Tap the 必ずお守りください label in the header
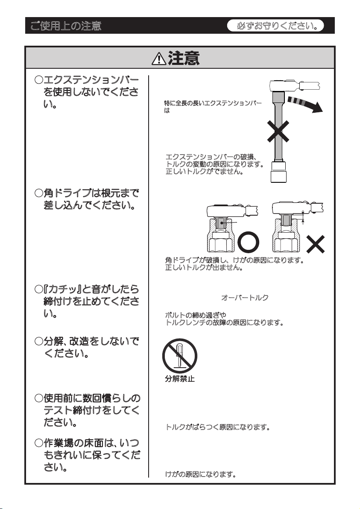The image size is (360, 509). click(x=280, y=26)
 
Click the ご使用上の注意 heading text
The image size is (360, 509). click(x=65, y=26)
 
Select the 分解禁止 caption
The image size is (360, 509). click(x=180, y=379)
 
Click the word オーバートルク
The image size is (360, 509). click(x=245, y=298)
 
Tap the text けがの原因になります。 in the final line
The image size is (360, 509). click(x=201, y=474)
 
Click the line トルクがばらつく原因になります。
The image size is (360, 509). click(x=217, y=427)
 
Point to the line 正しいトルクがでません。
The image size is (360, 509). click(x=204, y=172)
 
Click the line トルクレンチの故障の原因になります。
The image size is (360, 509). click(x=225, y=323)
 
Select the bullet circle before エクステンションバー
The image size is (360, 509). click(x=39, y=80)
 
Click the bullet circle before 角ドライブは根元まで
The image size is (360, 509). click(x=39, y=195)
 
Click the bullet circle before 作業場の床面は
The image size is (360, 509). click(x=39, y=444)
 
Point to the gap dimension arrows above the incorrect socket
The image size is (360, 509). click(x=303, y=216)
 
